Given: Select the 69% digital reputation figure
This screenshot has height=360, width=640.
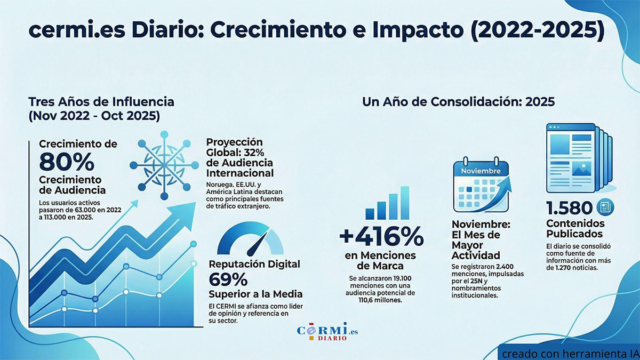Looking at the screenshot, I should point(228,279).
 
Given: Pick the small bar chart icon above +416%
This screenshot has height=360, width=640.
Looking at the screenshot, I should point(387,204).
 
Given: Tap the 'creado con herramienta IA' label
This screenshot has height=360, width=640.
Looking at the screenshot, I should point(569,353).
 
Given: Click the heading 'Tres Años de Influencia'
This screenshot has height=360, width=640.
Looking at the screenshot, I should point(101,101).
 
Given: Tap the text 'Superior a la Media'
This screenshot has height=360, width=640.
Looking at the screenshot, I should point(256,294).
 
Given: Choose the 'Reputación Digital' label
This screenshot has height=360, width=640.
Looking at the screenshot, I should point(254,264).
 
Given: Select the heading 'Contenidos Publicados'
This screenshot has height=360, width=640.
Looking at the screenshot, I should point(575,228).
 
